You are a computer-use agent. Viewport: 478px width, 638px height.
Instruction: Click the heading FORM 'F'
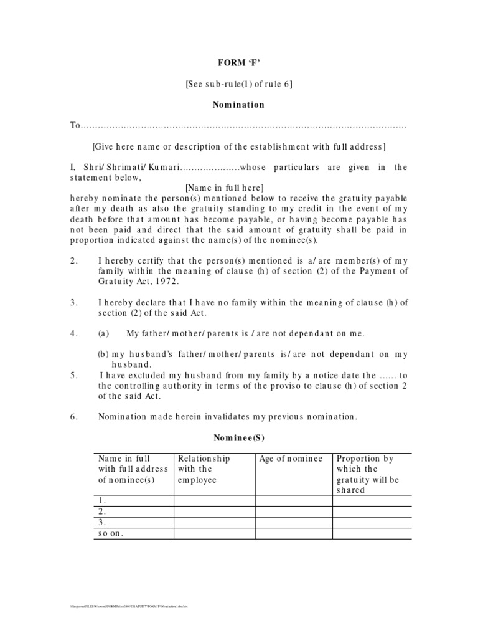[x=239, y=63]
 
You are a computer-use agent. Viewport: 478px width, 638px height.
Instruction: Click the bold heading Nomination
[x=239, y=105]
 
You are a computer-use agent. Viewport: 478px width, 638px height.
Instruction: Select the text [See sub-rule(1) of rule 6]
[x=239, y=84]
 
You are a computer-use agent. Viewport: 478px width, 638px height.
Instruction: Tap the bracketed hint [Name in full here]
[x=224, y=188]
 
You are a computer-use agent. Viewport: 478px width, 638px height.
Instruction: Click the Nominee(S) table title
[x=239, y=438]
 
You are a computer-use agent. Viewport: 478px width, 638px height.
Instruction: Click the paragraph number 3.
[x=73, y=302]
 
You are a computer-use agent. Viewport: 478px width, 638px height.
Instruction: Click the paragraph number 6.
[x=73, y=417]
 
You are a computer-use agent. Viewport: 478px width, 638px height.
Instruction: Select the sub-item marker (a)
[x=104, y=333]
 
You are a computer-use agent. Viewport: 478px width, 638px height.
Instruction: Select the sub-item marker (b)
[x=104, y=354]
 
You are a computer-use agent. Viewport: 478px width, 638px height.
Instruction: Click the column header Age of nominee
[x=291, y=459]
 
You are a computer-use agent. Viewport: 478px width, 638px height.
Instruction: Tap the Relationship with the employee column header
[x=204, y=469]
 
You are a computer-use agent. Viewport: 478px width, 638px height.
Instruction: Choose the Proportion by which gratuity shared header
[x=368, y=474]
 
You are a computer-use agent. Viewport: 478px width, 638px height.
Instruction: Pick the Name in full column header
[x=133, y=469]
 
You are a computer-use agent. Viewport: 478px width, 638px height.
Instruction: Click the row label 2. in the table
[x=102, y=511]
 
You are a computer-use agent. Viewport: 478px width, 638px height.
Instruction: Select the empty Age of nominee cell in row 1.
[x=293, y=500]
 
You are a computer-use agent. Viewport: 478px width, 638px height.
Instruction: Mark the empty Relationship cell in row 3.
[x=214, y=522]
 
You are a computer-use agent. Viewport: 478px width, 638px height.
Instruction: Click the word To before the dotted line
[x=75, y=126]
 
